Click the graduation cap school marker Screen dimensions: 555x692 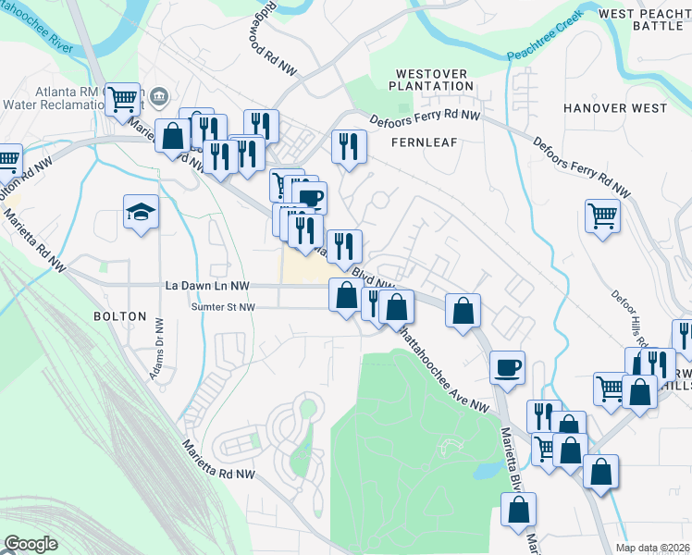click(142, 212)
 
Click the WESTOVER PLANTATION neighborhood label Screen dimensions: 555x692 click(434, 79)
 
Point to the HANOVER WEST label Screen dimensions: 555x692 click(615, 108)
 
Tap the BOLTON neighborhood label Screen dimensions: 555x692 click(119, 316)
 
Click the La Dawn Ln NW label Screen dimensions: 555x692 click(208, 287)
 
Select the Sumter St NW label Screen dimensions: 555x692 click(222, 307)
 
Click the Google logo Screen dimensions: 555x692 click(31, 544)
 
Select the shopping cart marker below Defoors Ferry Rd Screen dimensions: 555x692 click(602, 216)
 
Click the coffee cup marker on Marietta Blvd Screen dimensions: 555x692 click(507, 367)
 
